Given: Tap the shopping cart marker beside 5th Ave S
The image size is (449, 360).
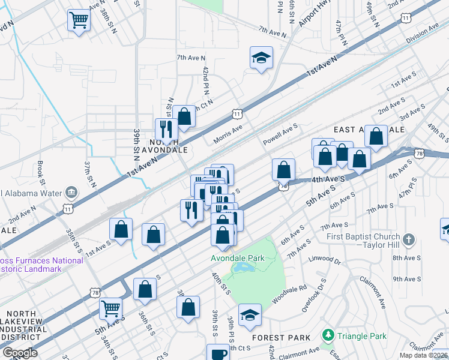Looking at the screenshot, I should [x=111, y=308].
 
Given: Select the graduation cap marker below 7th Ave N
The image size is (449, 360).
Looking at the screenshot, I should [x=261, y=58].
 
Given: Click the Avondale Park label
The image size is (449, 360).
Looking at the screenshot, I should [x=237, y=258].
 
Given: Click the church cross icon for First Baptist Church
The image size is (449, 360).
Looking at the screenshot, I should [x=409, y=240].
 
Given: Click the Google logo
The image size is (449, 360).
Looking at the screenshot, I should [x=20, y=353].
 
